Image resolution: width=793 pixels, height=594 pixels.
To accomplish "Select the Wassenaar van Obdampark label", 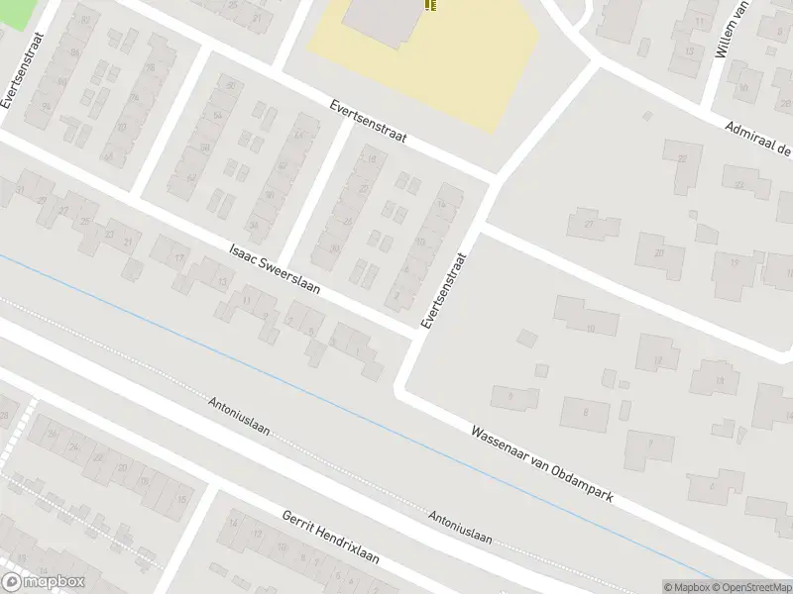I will (x=542, y=462).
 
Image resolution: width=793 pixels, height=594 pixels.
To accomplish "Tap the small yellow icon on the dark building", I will (x=429, y=5).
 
